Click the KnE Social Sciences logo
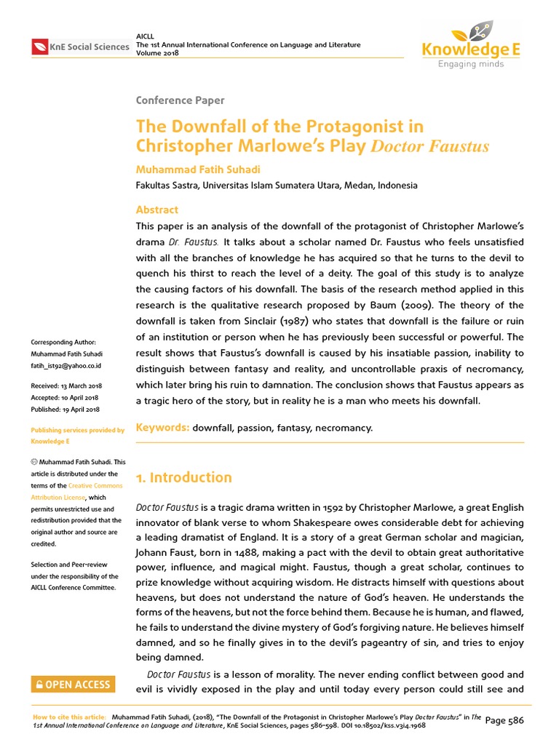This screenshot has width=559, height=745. click(80, 47)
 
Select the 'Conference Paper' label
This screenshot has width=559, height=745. click(181, 100)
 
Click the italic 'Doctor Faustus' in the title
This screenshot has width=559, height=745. click(430, 147)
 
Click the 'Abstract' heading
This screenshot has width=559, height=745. click(157, 210)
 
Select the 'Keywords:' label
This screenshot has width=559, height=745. click(163, 428)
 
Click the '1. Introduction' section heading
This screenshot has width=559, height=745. click(184, 477)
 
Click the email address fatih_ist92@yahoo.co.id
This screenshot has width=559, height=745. click(66, 365)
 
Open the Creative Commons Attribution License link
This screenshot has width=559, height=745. click(76, 491)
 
